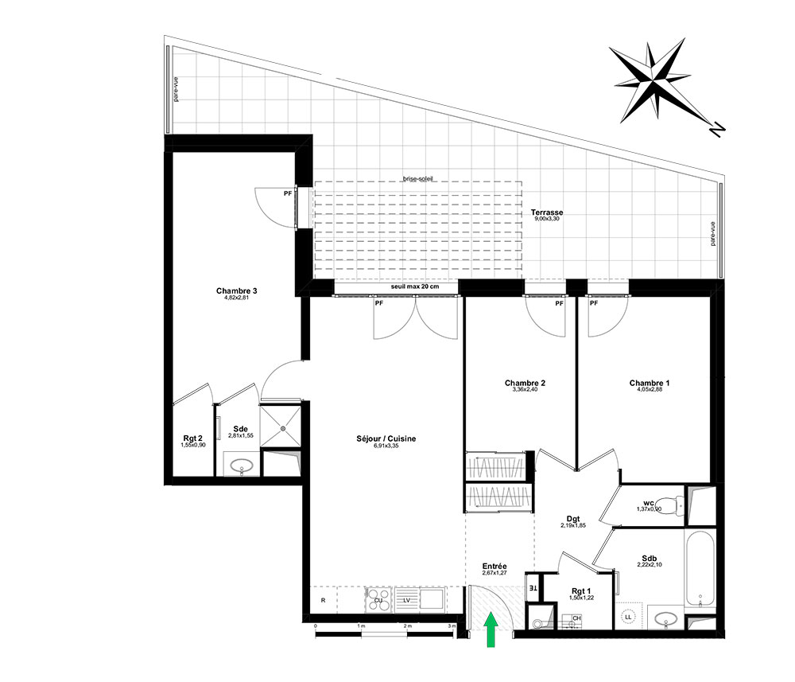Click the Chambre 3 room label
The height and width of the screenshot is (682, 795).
(x=236, y=291)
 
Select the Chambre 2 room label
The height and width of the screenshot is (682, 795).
(x=525, y=383)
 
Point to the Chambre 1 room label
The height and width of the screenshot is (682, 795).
(x=649, y=383)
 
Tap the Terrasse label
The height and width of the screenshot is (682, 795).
(x=547, y=212)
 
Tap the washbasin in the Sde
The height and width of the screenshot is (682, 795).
(x=239, y=466)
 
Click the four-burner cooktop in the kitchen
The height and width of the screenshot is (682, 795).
(x=377, y=600)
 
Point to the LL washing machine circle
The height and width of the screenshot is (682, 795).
(x=628, y=617)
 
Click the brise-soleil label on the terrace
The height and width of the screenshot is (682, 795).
(x=418, y=180)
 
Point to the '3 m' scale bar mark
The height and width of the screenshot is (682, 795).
(x=452, y=626)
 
